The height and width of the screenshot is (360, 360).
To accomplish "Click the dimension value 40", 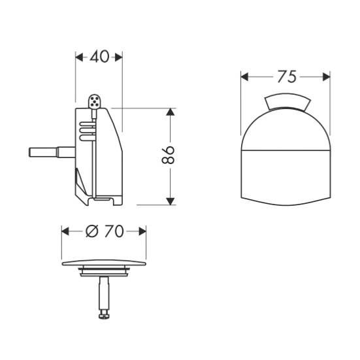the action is (100, 57).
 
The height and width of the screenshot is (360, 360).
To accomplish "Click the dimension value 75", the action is (287, 76).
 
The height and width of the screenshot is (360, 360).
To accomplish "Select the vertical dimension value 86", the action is (168, 155).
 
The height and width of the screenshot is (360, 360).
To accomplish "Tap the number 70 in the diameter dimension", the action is (114, 231).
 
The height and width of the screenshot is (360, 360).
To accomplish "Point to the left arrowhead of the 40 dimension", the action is (79, 57).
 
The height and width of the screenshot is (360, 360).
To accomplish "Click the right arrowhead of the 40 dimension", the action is (118, 57).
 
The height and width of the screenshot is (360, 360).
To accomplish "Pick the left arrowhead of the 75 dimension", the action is (244, 76).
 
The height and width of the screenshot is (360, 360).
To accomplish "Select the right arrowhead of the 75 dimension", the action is (326, 76).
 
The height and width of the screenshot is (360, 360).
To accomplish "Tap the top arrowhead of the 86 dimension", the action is (170, 112).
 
